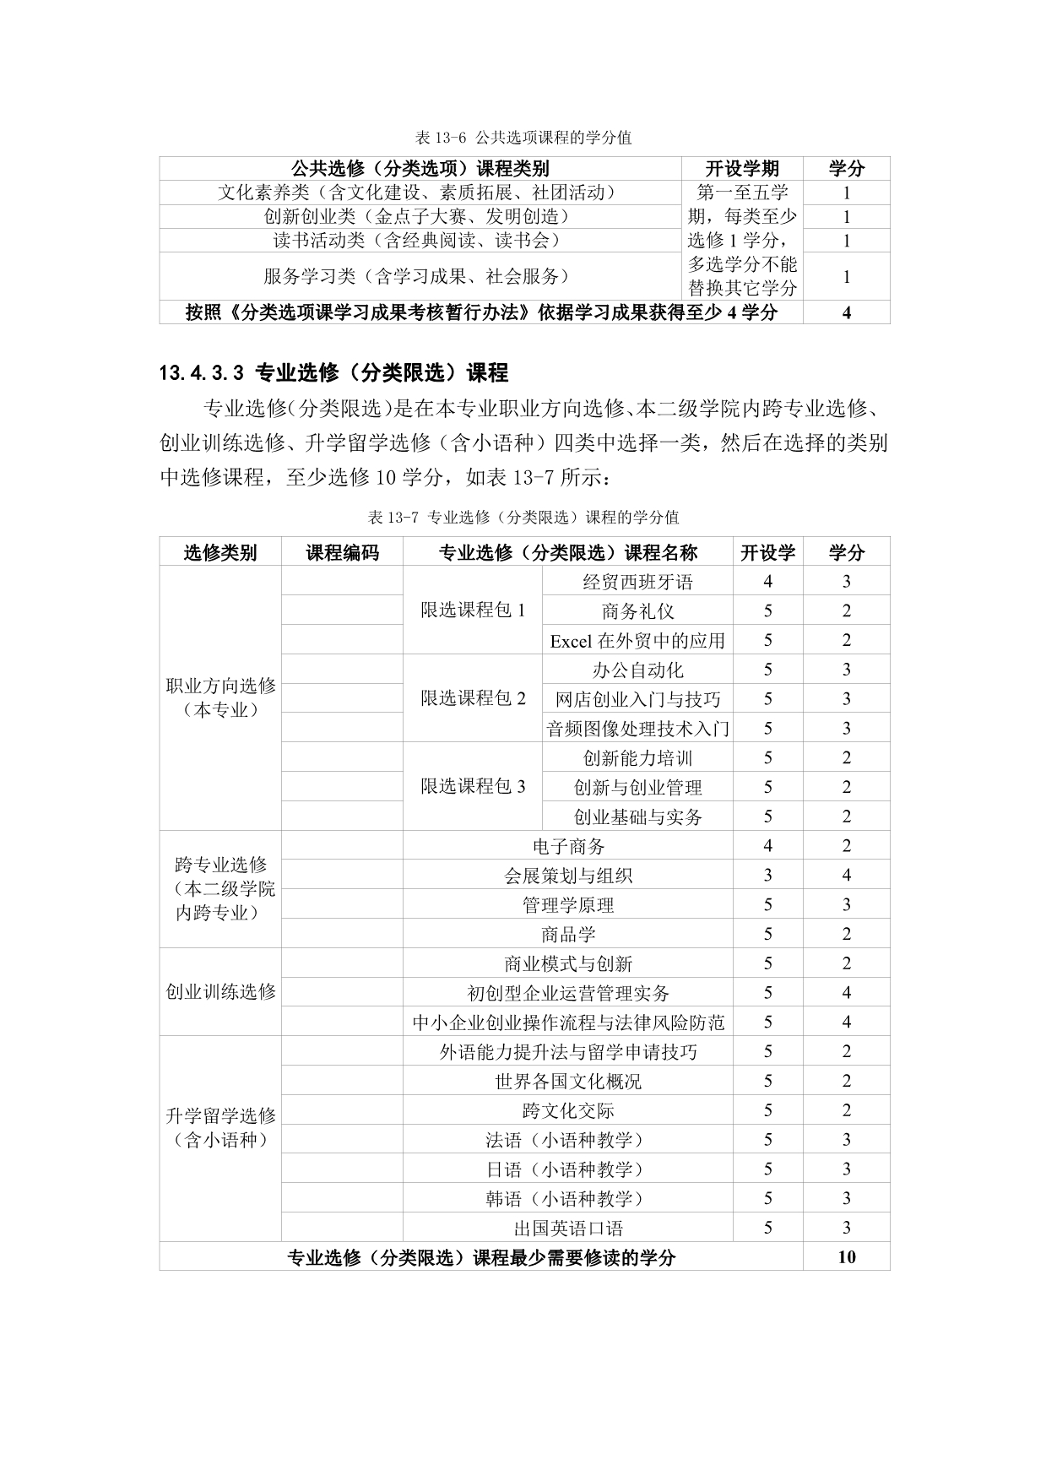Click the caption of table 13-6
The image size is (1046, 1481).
tap(523, 137)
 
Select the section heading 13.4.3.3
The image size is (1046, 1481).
tap(333, 372)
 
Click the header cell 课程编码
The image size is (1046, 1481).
tap(342, 552)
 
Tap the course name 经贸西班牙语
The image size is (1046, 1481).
tap(637, 581)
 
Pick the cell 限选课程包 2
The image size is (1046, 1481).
tap(473, 698)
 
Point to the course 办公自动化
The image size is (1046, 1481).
tap(637, 670)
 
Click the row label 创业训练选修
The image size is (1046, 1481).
tap(220, 991)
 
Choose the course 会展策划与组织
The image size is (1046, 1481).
tap(568, 876)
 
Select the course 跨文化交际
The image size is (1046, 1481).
tap(568, 1110)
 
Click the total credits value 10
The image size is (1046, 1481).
tap(846, 1256)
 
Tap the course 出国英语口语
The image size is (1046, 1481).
tap(568, 1228)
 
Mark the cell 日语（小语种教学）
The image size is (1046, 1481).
tap(568, 1169)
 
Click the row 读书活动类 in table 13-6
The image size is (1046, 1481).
tap(420, 241)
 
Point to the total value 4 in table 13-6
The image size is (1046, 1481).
tap(846, 312)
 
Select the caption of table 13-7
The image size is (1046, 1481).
tap(523, 517)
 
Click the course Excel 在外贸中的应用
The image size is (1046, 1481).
tap(637, 640)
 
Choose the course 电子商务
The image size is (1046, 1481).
tap(568, 846)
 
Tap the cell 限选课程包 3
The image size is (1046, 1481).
tap(473, 786)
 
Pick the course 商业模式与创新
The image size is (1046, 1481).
tap(568, 963)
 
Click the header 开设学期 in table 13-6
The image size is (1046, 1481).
tap(742, 168)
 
